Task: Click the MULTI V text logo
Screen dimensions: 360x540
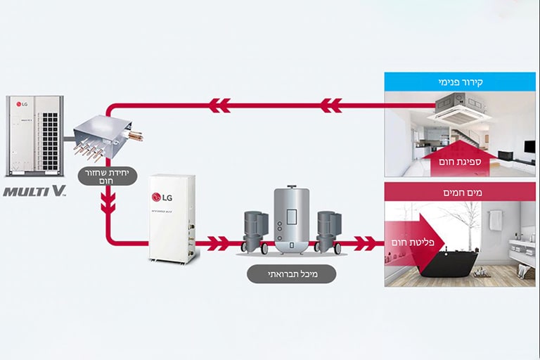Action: point(34,191)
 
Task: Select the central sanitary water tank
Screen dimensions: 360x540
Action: point(290,219)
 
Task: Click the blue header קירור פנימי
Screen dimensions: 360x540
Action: point(460,82)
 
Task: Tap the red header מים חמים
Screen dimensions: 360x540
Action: point(460,192)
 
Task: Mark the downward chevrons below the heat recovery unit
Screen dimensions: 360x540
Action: point(108,203)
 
